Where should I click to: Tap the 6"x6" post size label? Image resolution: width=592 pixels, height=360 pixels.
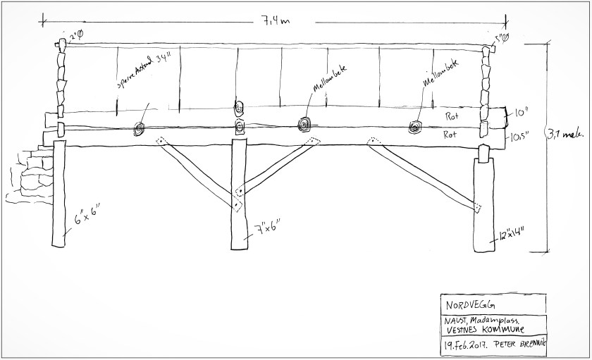click(x=90, y=211)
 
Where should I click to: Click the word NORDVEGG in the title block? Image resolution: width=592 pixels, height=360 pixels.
click(x=469, y=305)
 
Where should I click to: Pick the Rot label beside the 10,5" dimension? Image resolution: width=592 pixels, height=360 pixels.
click(x=452, y=133)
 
